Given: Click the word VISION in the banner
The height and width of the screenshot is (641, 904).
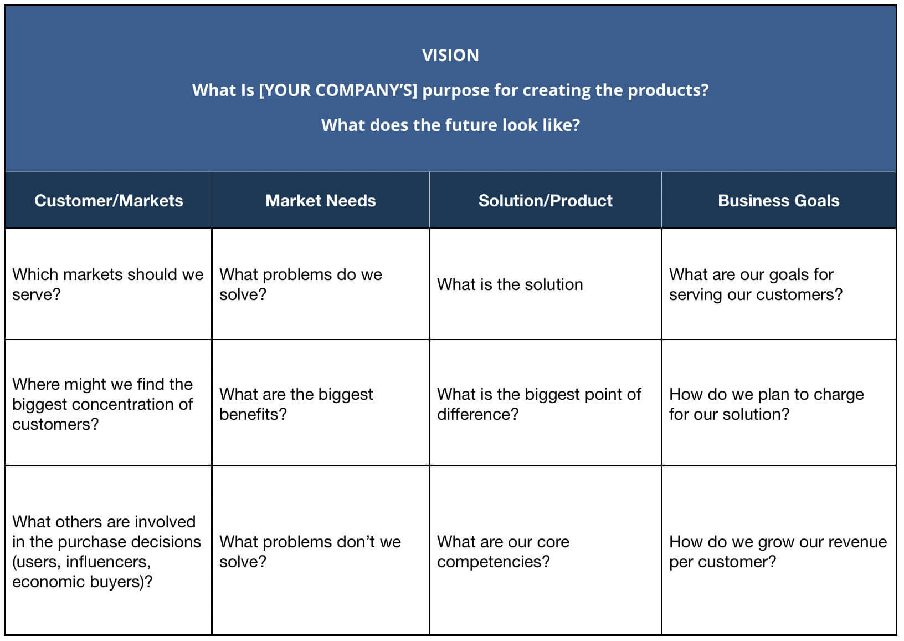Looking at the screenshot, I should [450, 55].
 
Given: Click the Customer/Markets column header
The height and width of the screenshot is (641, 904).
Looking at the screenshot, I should [109, 201].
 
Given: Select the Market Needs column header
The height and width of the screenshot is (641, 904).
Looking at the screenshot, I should [321, 201].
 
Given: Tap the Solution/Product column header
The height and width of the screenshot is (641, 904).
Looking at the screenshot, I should [546, 201].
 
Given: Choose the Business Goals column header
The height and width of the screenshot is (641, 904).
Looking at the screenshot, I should [778, 201].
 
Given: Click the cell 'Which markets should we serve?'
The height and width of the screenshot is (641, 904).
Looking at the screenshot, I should [108, 284].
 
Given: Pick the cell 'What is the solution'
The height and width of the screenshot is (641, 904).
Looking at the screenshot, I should [510, 284].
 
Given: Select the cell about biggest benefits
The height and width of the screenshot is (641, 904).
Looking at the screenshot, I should [296, 404].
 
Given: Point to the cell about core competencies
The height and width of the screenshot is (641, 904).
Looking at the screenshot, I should [503, 552].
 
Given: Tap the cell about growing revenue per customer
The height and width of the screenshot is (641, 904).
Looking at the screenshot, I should [778, 552].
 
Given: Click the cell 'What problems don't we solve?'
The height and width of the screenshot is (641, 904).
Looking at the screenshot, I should [310, 552].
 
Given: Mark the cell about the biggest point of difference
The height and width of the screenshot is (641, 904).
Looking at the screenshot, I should [539, 404].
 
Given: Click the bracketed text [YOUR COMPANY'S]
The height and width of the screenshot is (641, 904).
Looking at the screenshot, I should [338, 90].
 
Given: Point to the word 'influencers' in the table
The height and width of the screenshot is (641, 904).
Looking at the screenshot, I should [116, 562].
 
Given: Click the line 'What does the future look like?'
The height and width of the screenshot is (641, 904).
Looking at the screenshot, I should [450, 125].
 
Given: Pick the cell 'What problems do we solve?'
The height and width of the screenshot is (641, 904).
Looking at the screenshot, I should [301, 284].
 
